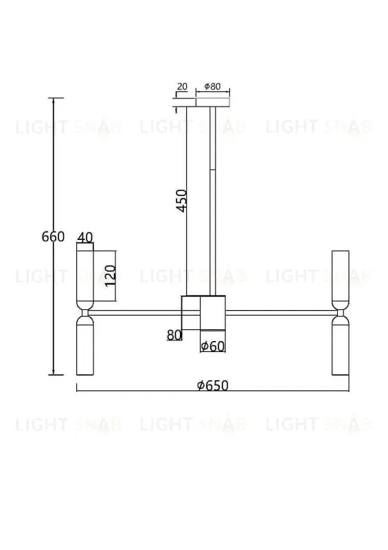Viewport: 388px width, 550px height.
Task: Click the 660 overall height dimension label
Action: coord(53,237)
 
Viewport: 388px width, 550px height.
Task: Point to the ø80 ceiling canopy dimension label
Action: coord(212,87)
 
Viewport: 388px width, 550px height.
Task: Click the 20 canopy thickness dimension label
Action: coord(182,87)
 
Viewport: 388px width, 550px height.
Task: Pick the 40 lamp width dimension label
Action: coord(85,237)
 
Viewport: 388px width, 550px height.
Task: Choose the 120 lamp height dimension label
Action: coord(110,275)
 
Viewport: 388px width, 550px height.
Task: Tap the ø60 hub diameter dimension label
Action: coord(214,346)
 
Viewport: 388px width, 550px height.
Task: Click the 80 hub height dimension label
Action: coord(173,335)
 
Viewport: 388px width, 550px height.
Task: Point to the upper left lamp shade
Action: coord(85,278)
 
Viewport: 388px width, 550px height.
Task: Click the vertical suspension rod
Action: coord(212,199)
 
